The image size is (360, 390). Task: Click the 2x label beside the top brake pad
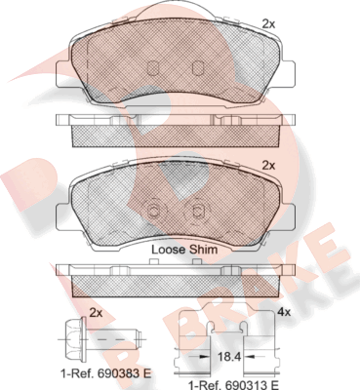click(x=269, y=22)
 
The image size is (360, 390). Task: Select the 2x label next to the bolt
click(x=96, y=312)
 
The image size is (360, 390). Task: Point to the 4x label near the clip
click(x=284, y=312)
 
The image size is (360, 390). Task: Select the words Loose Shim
click(x=184, y=249)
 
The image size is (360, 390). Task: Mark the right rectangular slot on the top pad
click(x=198, y=68)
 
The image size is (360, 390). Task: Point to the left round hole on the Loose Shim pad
click(x=152, y=212)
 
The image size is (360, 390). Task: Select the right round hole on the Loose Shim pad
click(x=198, y=212)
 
